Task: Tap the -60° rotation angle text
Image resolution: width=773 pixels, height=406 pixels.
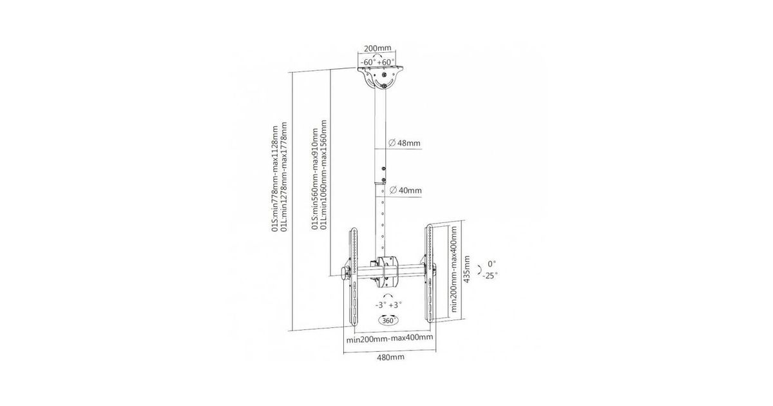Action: [x=368, y=63]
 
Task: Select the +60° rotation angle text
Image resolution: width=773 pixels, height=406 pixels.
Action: [x=386, y=63]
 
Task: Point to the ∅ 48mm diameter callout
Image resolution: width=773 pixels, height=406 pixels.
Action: [x=405, y=142]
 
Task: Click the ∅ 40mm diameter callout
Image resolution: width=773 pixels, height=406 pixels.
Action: [x=405, y=190]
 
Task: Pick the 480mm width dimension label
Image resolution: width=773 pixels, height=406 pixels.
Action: [x=390, y=357]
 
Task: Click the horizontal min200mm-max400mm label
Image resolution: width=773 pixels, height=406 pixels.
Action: [x=390, y=338]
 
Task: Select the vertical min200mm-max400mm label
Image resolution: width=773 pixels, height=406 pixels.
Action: [x=453, y=269]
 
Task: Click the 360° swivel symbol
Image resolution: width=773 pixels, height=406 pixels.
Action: [x=388, y=320]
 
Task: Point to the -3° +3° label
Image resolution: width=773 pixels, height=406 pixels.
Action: [x=388, y=305]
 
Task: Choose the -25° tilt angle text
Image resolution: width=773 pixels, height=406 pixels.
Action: [x=490, y=276]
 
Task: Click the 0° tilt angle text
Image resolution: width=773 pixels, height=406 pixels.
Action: [x=492, y=264]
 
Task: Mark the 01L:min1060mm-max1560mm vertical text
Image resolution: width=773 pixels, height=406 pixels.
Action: [x=323, y=175]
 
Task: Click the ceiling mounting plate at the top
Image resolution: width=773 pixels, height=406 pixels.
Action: [x=380, y=78]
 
